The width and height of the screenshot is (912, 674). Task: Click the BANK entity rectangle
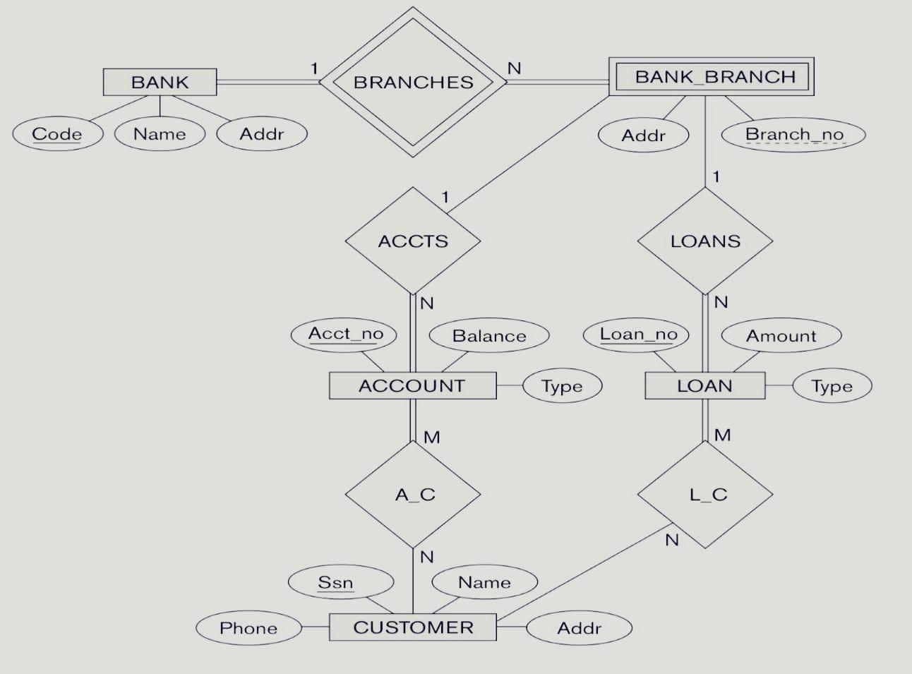[x=160, y=82]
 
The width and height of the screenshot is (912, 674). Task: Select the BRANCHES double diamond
[x=414, y=82]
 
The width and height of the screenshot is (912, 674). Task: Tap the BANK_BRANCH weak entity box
[x=712, y=76]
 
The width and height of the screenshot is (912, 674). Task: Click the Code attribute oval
[x=57, y=134]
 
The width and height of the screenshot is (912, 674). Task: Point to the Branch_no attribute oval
[x=794, y=134]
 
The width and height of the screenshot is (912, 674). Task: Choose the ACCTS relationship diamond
[x=413, y=241]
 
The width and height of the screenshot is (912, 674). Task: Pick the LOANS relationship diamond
[x=705, y=241]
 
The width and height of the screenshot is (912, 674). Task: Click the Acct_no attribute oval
[x=345, y=334]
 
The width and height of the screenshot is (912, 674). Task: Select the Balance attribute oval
[x=489, y=336]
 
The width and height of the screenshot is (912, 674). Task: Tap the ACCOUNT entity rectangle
[x=412, y=386]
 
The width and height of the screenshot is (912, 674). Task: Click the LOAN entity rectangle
[x=704, y=386]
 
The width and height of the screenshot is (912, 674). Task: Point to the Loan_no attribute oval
[x=637, y=335]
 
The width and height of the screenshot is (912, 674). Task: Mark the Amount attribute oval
[x=781, y=336]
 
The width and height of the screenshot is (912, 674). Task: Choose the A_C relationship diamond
[x=414, y=494]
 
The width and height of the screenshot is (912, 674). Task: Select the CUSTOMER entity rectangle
[x=413, y=627]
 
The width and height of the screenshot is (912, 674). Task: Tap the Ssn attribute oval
[x=335, y=582]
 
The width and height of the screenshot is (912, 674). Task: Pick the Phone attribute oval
[x=248, y=628]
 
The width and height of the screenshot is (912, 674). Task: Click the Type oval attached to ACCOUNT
[x=562, y=386]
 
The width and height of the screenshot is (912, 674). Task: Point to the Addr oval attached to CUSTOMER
[x=579, y=628]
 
